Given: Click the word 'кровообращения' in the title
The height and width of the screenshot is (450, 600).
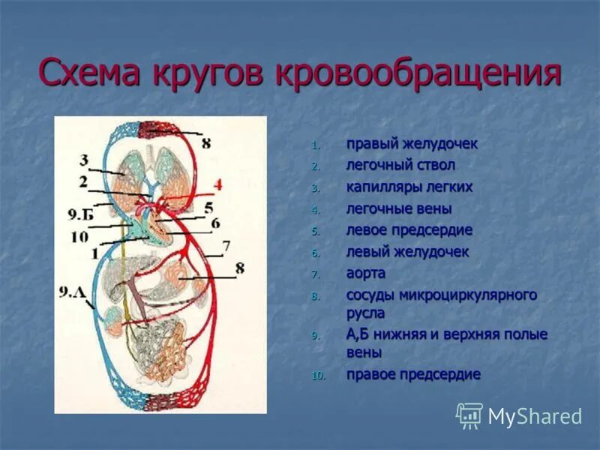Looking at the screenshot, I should tap(419, 75).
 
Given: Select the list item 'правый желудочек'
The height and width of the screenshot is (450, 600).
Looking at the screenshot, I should tap(412, 143).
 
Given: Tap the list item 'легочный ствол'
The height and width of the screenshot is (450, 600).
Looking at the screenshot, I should tap(400, 165).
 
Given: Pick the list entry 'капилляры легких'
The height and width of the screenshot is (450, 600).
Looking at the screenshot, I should tap(409, 187).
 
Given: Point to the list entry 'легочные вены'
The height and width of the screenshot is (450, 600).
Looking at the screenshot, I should tap(399, 208).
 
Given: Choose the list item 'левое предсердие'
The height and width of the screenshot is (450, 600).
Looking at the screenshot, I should tap(409, 230).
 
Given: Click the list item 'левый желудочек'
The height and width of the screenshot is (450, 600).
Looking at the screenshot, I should tap(407, 252).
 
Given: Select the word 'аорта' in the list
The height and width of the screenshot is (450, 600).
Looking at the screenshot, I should tap(366, 274).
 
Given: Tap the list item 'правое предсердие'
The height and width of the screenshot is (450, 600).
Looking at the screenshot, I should tap(413, 374).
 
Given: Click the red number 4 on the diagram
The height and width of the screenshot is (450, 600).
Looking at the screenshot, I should tap(217, 184).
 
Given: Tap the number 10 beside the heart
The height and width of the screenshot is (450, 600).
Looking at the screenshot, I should tap(81, 237).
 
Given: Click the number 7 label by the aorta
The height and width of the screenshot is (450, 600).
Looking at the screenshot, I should tap(225, 244).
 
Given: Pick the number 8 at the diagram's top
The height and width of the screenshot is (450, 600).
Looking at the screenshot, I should tap(206, 142).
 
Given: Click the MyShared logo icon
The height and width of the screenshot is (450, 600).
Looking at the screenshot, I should tap(469, 415).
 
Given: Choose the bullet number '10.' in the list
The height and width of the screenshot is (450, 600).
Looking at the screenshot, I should tap(319, 375).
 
